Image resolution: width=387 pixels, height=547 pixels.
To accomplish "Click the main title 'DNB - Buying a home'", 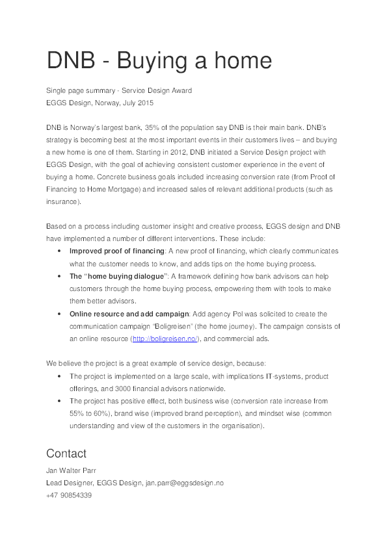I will pyautogui.click(x=159, y=60).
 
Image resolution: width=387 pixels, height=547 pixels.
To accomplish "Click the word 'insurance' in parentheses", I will pyautogui.click(x=62, y=201).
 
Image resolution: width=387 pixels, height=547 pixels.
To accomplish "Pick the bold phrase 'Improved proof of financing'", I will pyautogui.click(x=117, y=251).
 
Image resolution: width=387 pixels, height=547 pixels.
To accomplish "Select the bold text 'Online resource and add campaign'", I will pyautogui.click(x=129, y=314).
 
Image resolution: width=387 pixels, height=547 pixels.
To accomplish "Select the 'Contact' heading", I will pyautogui.click(x=66, y=453).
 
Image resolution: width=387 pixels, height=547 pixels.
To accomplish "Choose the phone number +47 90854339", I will pyautogui.click(x=69, y=495).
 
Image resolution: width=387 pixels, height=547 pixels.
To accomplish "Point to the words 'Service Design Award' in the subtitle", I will pyautogui.click(x=157, y=90).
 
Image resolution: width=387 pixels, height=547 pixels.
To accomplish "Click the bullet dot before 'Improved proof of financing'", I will pyautogui.click(x=59, y=251).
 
